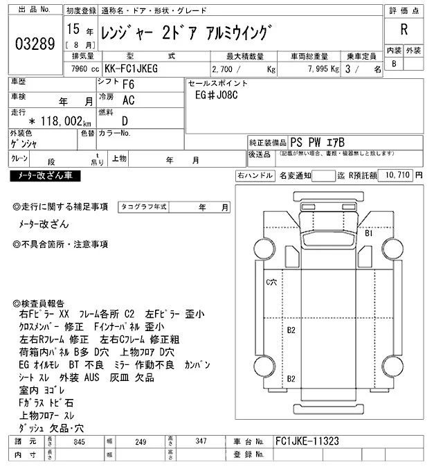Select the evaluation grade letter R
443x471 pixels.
pyautogui.click(x=404, y=30)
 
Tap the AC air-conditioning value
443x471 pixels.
pyautogui.click(x=128, y=100)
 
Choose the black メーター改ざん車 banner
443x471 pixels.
pyautogui.click(x=45, y=177)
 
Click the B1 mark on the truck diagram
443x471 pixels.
pyautogui.click(x=369, y=234)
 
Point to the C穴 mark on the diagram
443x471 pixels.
pyautogui.click(x=271, y=282)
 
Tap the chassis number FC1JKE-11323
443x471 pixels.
pyautogui.click(x=307, y=441)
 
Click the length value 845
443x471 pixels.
pyautogui.click(x=78, y=441)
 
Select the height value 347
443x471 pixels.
pyautogui.click(x=201, y=441)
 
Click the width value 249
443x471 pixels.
pyautogui.click(x=141, y=441)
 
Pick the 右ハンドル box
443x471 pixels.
pyautogui.click(x=254, y=176)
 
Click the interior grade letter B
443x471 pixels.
pyautogui.click(x=394, y=64)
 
